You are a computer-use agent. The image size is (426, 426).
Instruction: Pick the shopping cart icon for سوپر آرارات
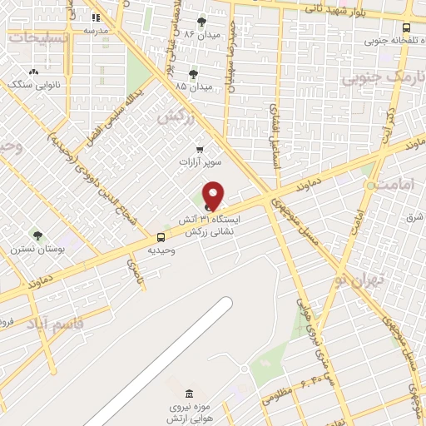[200, 149]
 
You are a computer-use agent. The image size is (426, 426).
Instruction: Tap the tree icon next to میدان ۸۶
[201, 22]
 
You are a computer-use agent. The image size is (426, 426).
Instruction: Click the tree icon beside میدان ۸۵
[194, 74]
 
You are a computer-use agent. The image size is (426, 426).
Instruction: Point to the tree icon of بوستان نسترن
[37, 236]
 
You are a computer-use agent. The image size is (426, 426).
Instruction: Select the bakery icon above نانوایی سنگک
[33, 72]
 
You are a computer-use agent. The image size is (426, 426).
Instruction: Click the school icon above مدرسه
[96, 17]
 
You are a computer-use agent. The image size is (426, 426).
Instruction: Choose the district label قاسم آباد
[57, 323]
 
